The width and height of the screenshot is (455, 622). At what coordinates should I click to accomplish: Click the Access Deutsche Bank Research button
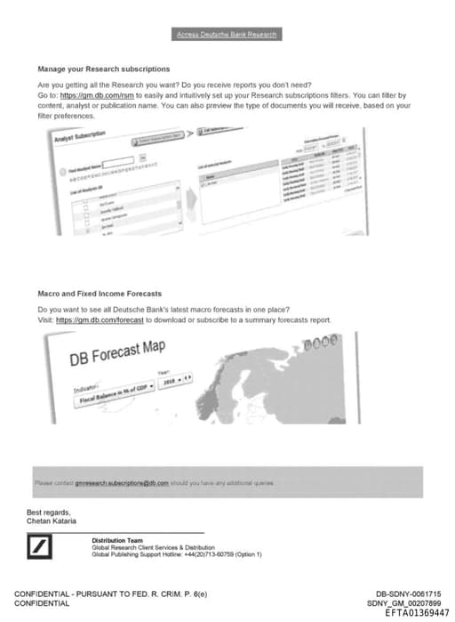tap(227, 35)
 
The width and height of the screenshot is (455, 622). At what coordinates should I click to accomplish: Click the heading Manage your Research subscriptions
tap(104, 69)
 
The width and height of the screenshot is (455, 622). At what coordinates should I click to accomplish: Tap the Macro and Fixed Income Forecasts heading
tap(100, 293)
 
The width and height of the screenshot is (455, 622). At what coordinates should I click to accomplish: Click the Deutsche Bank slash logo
tap(40, 550)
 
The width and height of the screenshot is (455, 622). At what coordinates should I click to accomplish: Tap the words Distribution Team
tap(116, 540)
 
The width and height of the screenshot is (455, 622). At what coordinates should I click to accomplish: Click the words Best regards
tap(48, 512)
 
